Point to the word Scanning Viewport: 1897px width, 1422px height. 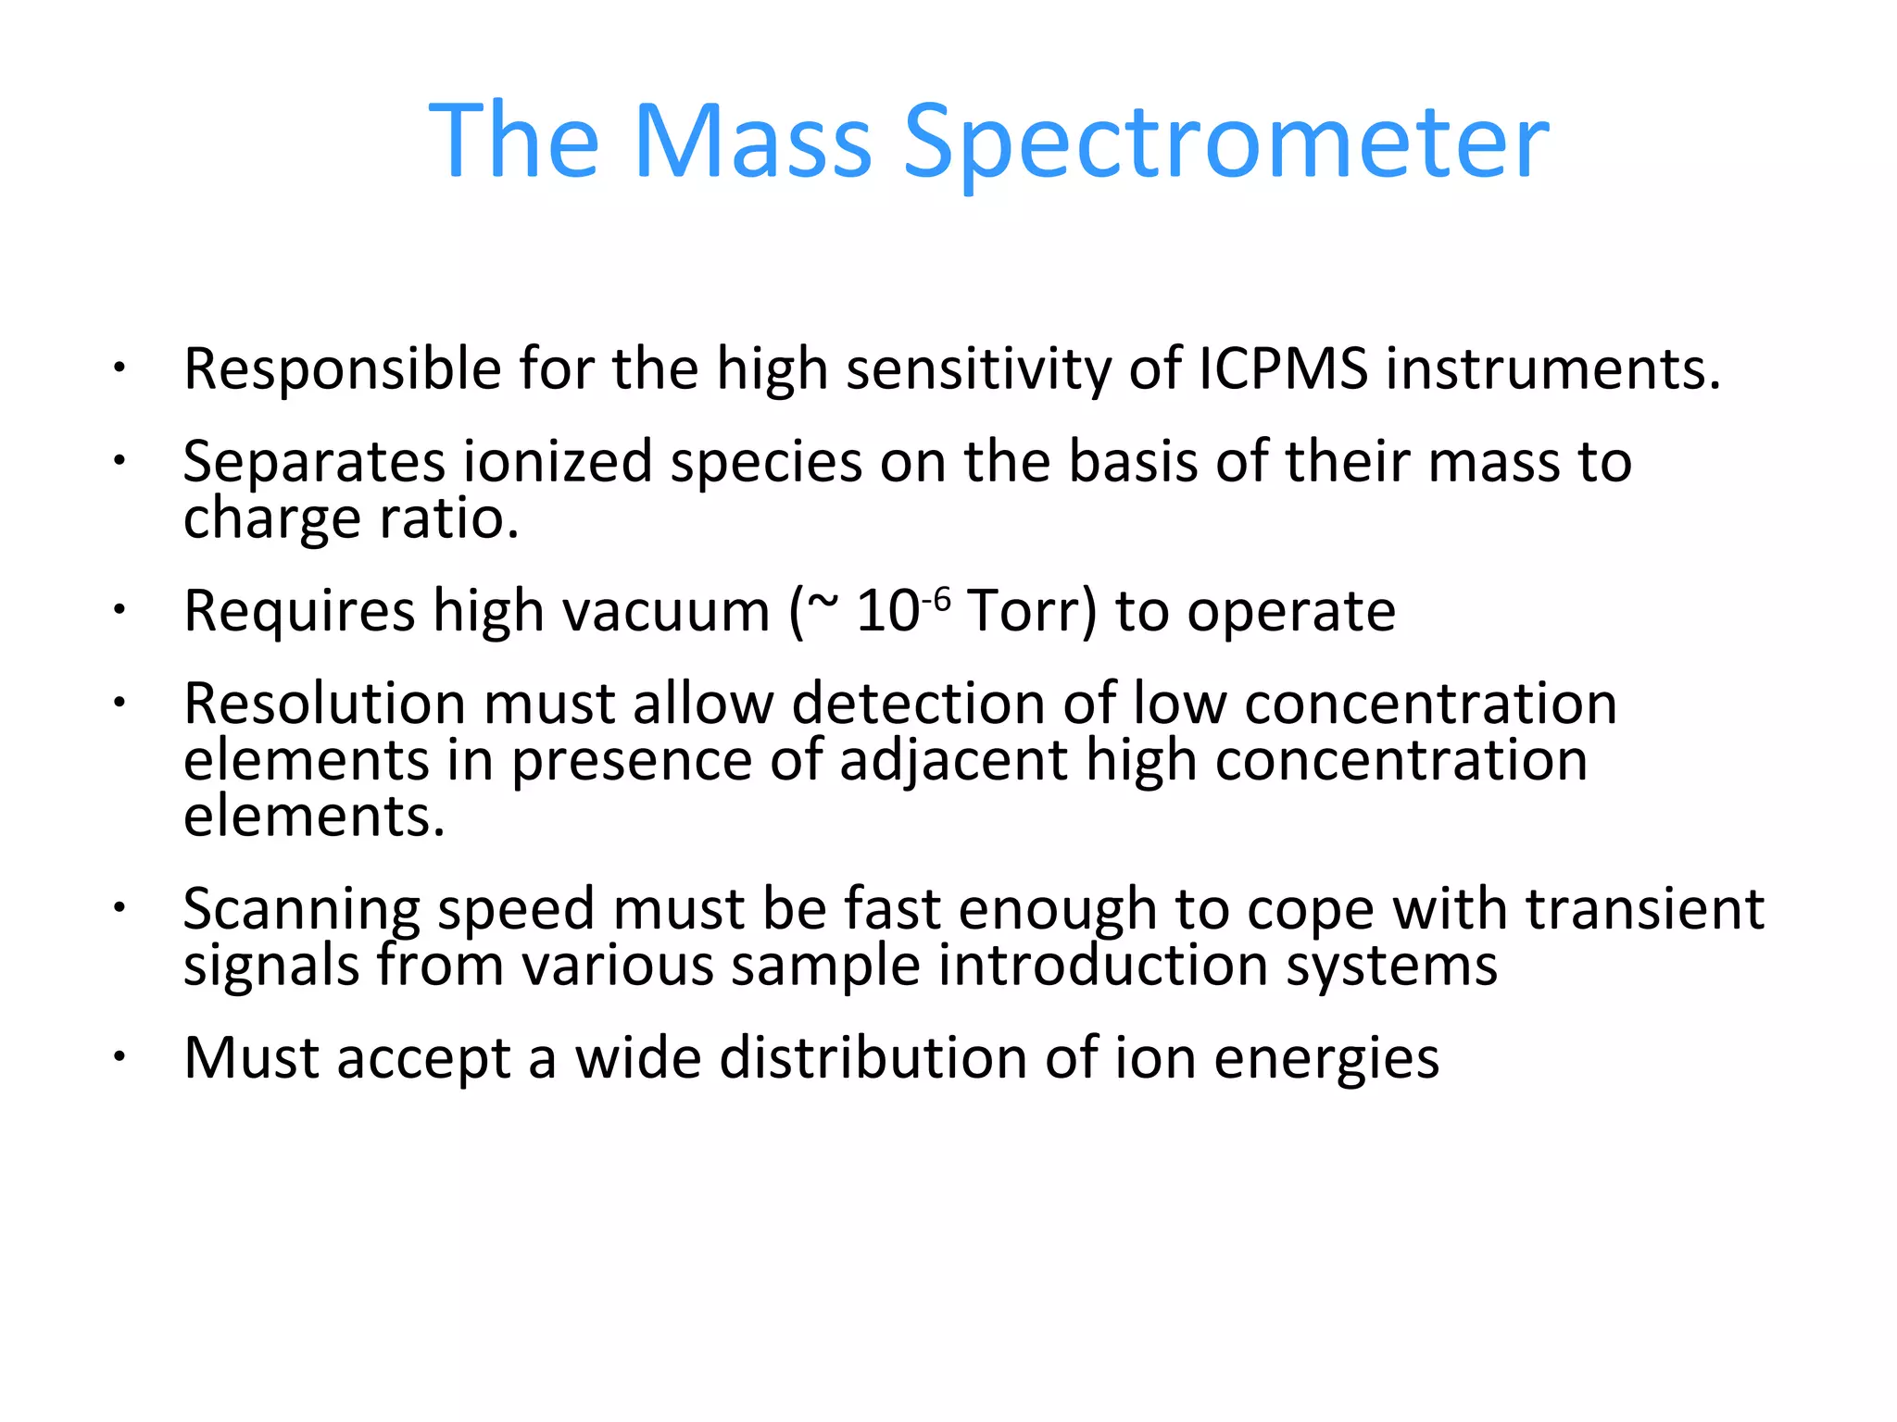tap(301, 910)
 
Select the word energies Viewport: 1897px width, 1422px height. tap(1326, 1059)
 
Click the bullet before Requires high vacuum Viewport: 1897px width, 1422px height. tap(119, 610)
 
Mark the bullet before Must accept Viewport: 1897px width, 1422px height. tap(119, 1056)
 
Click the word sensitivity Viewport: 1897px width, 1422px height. tap(977, 370)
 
